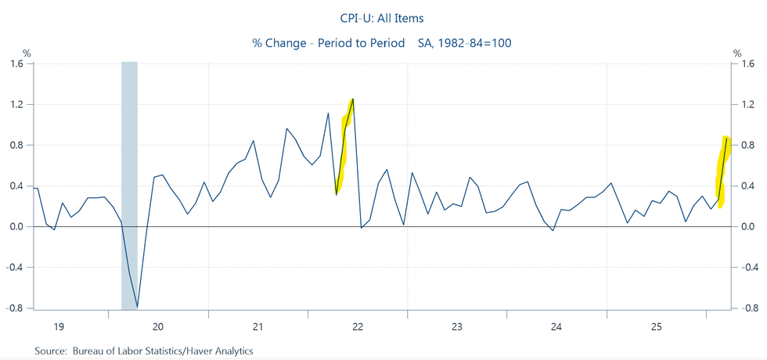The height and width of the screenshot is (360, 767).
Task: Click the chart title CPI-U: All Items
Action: point(383,17)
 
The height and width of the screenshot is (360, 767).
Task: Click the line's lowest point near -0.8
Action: point(138,307)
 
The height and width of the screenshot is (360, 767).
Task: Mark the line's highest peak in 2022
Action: point(354,99)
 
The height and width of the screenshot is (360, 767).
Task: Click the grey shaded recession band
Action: point(130,188)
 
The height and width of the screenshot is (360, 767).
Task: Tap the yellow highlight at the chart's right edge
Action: point(723,172)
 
